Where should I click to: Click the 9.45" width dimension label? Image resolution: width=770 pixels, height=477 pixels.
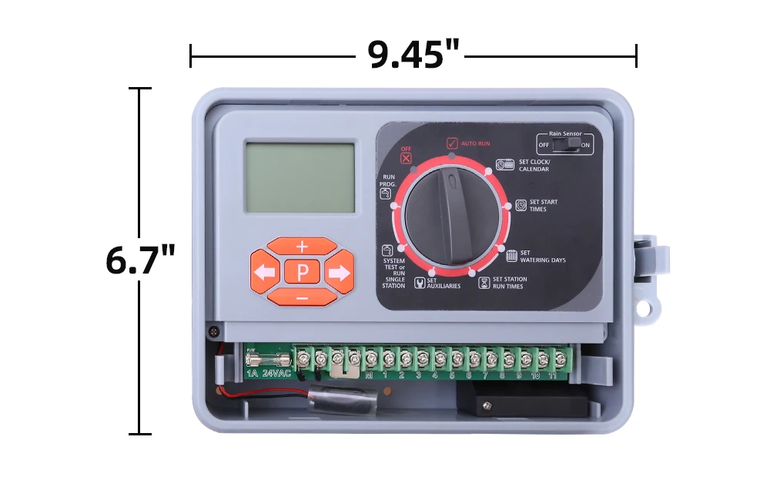click(413, 55)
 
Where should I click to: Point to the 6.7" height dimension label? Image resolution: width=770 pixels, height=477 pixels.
click(140, 260)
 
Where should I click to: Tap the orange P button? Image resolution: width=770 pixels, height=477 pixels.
click(302, 271)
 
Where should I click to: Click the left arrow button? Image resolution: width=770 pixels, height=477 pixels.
click(264, 272)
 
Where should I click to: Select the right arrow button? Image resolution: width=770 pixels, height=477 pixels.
click(339, 272)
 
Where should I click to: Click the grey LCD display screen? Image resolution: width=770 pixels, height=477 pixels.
click(300, 176)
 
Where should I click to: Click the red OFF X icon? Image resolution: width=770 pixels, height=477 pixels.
click(406, 158)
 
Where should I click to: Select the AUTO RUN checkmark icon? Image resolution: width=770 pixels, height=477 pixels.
click(452, 143)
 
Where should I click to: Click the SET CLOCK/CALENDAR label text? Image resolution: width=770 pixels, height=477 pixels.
click(534, 166)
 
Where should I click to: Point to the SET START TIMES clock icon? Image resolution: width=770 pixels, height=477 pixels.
click(521, 205)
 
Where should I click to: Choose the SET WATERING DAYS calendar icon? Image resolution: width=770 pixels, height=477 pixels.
click(511, 256)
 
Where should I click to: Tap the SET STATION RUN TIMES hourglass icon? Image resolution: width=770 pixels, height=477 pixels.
click(484, 282)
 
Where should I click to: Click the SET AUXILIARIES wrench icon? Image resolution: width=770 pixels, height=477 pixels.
click(420, 282)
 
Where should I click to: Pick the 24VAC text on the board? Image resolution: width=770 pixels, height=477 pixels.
click(276, 374)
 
